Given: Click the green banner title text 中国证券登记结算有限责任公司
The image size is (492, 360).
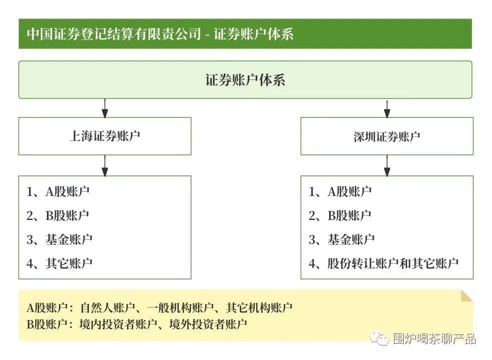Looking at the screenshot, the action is pos(114,34).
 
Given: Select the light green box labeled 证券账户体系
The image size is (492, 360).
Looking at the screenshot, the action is pos(245,80).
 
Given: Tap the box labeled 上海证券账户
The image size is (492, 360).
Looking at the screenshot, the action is pos(105,136).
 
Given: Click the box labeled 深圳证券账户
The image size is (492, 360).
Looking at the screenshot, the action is pos(387,136).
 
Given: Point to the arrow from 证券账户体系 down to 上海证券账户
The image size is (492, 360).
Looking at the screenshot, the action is pos(105,108).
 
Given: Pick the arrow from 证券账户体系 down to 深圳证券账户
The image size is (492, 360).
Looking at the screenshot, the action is pos(387,108).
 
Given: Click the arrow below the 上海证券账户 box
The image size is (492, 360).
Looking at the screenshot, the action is pos(105,165).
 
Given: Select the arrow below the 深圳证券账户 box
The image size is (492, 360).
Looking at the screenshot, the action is pos(387,165).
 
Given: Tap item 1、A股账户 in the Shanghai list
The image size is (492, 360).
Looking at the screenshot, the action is pos(58,191).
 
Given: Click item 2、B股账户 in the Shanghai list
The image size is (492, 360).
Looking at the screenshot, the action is pos(58,215).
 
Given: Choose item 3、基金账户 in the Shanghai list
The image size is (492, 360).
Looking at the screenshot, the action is pos(59,239).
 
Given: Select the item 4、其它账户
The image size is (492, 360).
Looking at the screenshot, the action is pos(59,263).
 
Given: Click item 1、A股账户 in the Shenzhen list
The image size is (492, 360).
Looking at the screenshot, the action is pos(340,191).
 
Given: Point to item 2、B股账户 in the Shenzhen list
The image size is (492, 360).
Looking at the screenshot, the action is pos(340,215).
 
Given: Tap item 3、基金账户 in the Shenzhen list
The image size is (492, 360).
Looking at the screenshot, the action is pos(341,239).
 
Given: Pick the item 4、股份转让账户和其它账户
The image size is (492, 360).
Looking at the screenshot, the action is pos(384,263).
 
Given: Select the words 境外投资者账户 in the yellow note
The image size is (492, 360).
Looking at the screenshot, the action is pos(208,324).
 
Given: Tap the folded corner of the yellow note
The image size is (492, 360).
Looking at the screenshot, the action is pos(467,296).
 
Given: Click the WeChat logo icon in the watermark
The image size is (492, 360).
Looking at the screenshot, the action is pos(380,338).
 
